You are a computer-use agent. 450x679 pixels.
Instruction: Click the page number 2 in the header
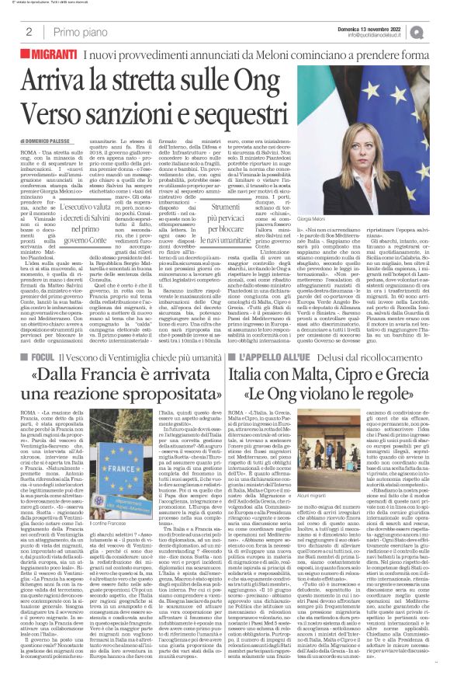pos(28,32)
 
